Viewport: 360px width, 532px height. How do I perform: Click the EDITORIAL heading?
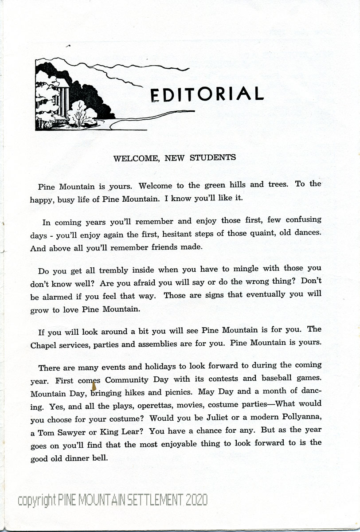207,94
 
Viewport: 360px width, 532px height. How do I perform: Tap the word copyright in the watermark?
37,501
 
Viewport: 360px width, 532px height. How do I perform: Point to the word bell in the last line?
101,458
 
